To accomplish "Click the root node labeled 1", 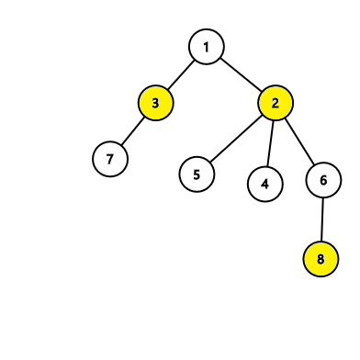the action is (x=207, y=47).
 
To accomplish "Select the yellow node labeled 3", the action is (x=155, y=103).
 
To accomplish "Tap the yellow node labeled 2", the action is (x=276, y=103).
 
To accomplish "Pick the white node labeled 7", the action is (x=110, y=159).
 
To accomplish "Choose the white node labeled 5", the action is (x=197, y=174).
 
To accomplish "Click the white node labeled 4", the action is (x=265, y=184).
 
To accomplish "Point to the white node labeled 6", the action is (x=323, y=180).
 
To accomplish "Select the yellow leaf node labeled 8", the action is (x=321, y=259).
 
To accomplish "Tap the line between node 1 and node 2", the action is (x=241, y=74).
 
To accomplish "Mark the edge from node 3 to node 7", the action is (x=133, y=131).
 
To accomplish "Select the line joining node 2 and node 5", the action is (x=236, y=139).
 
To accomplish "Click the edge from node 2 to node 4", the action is (x=270, y=143).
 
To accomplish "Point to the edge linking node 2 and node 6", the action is (x=299, y=141).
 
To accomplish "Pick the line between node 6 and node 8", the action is (x=322, y=219).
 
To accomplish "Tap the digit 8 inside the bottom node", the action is (x=321, y=259).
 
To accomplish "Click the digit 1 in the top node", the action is (x=207, y=47).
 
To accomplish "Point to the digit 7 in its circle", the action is (x=110, y=159).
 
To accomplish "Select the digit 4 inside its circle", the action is (x=264, y=185).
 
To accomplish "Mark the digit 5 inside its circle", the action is (x=197, y=174).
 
